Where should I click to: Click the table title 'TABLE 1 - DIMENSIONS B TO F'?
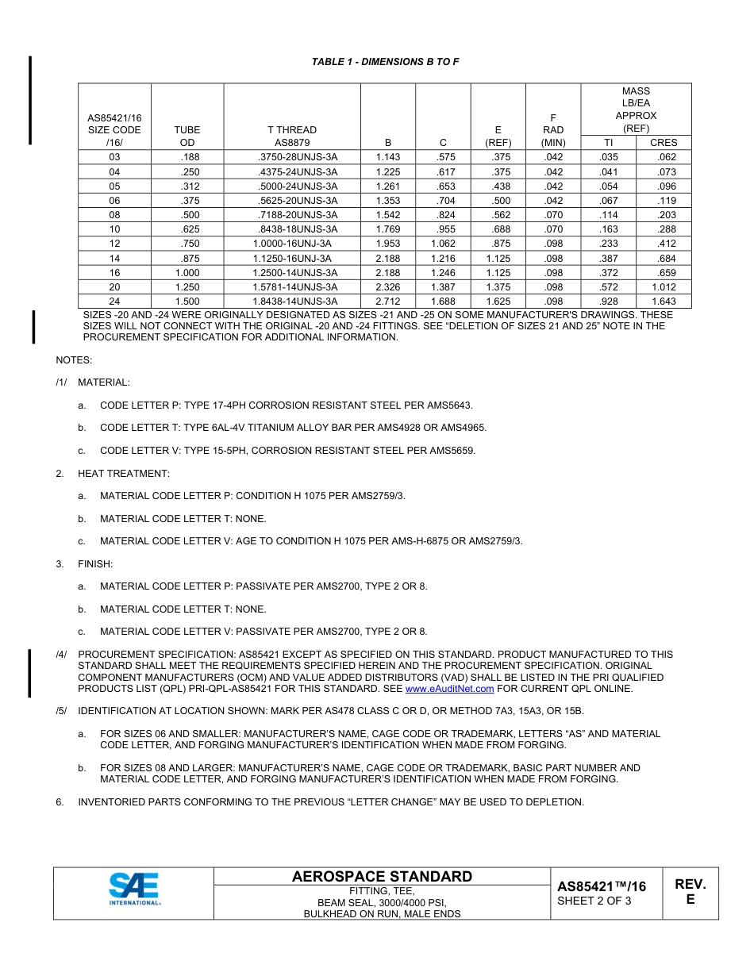pyautogui.click(x=385, y=62)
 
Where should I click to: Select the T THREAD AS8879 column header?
pyautogui.click(x=291, y=136)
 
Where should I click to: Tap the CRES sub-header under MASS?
pyautogui.click(x=664, y=143)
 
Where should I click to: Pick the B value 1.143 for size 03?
pyautogui.click(x=388, y=157)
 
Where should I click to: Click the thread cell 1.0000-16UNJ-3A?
pyautogui.click(x=291, y=244)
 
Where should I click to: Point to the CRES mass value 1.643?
pyautogui.click(x=664, y=302)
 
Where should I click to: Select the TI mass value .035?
pyautogui.click(x=609, y=157)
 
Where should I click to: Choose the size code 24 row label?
pyautogui.click(x=114, y=302)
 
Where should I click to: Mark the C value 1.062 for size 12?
pyautogui.click(x=443, y=244)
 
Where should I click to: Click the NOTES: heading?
pyautogui.click(x=74, y=360)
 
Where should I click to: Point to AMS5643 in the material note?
pyautogui.click(x=449, y=405)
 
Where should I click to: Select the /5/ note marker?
pyautogui.click(x=61, y=711)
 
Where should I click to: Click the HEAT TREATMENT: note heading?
pyautogui.click(x=123, y=474)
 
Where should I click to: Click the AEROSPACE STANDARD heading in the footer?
pyautogui.click(x=382, y=877)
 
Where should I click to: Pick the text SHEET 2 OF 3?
pyautogui.click(x=594, y=901)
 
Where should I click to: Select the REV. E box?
pyautogui.click(x=690, y=892)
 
